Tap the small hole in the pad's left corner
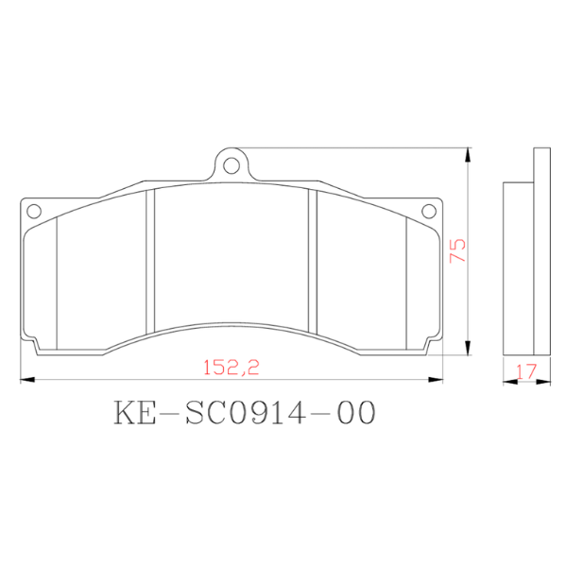pyautogui.click(x=31, y=210)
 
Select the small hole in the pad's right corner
pyautogui.click(x=432, y=210)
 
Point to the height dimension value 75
pyautogui.click(x=458, y=250)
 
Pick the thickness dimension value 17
pyautogui.click(x=525, y=372)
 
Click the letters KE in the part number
pyautogui.click(x=135, y=414)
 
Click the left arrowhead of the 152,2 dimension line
pyautogui.click(x=26, y=381)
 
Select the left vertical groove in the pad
pyautogui.click(x=148, y=265)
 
